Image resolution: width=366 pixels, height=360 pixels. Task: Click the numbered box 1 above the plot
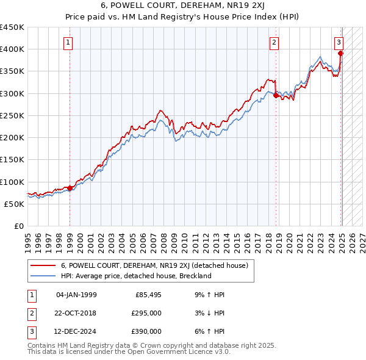pos(67,43)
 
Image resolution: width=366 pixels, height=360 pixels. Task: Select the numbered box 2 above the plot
pos(274,43)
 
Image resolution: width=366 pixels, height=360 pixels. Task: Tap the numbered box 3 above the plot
pos(339,43)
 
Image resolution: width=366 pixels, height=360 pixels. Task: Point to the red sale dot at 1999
pos(70,188)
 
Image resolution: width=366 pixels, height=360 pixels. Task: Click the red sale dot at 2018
pos(276,95)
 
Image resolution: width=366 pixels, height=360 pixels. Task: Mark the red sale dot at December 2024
pos(340,54)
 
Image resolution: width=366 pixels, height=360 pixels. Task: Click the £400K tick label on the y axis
pos(12,49)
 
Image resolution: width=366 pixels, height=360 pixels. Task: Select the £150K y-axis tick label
pos(12,160)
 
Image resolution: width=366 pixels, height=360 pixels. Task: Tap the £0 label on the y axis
pos(18,226)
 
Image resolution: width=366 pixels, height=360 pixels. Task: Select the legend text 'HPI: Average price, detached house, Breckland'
pos(136,276)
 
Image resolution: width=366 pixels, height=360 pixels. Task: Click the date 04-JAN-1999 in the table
pos(76,295)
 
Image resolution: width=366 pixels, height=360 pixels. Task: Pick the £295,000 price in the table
pos(147,313)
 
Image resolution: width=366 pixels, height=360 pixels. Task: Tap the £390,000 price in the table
pos(147,331)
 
